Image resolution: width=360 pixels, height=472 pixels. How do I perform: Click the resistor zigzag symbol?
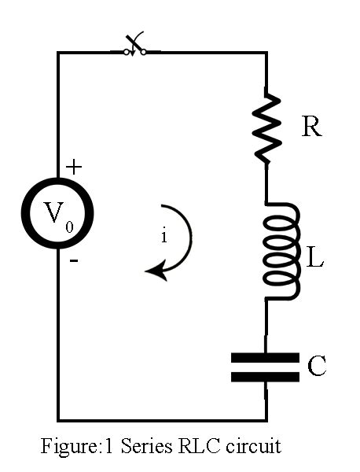point(266,126)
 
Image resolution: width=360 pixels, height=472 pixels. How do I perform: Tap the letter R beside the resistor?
point(311,127)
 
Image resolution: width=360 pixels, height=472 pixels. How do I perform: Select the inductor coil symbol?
point(281,252)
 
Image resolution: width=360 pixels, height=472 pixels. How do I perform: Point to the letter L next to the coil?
point(315,257)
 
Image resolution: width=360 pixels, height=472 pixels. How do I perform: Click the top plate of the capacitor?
point(265,358)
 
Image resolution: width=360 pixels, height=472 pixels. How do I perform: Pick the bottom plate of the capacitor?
point(265,377)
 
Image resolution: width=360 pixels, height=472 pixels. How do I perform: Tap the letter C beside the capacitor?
point(317,366)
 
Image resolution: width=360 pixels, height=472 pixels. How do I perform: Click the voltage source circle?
point(57,213)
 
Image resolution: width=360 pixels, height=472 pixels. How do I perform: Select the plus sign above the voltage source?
point(74,167)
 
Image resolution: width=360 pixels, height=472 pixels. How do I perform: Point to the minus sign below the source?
point(74,260)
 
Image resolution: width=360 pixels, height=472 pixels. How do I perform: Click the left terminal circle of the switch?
point(127,53)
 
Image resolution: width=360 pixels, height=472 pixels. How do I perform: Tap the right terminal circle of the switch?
point(144,53)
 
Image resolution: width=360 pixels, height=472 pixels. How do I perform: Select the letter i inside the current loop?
point(164,237)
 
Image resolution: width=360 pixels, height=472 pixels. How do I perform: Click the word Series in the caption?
point(146,446)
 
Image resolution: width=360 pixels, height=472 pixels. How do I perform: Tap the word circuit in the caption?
point(254,446)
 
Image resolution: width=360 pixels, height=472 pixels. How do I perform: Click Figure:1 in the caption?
point(77,446)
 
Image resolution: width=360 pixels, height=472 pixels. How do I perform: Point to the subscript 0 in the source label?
point(69,227)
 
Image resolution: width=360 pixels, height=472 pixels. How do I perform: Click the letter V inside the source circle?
point(53,212)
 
